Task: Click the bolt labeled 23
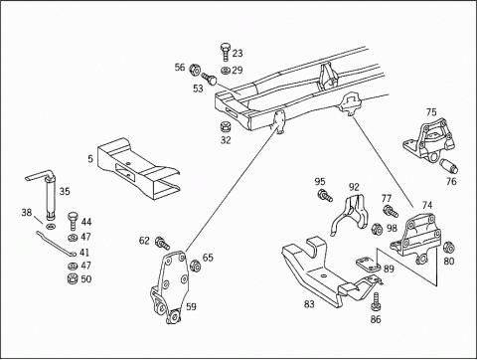pyautogui.click(x=226, y=52)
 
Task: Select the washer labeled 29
pyautogui.click(x=226, y=71)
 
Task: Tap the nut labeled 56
pyautogui.click(x=195, y=70)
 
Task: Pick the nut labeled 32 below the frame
pyautogui.click(x=226, y=127)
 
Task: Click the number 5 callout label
pyautogui.click(x=90, y=159)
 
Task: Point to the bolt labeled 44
pyautogui.click(x=74, y=221)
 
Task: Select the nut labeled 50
pyautogui.click(x=73, y=279)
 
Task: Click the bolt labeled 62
pyautogui.click(x=162, y=243)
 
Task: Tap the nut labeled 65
pyautogui.click(x=195, y=266)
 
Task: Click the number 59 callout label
pyautogui.click(x=191, y=306)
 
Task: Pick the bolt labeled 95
pyautogui.click(x=325, y=195)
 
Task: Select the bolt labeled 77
pyautogui.click(x=391, y=212)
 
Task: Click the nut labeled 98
pyautogui.click(x=377, y=229)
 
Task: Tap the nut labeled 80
pyautogui.click(x=448, y=248)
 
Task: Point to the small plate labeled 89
pyautogui.click(x=369, y=265)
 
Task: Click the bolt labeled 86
pyautogui.click(x=376, y=301)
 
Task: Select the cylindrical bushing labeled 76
pyautogui.click(x=450, y=166)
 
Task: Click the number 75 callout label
pyautogui.click(x=431, y=112)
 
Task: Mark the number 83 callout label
pyautogui.click(x=309, y=303)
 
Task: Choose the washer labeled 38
pyautogui.click(x=51, y=227)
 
